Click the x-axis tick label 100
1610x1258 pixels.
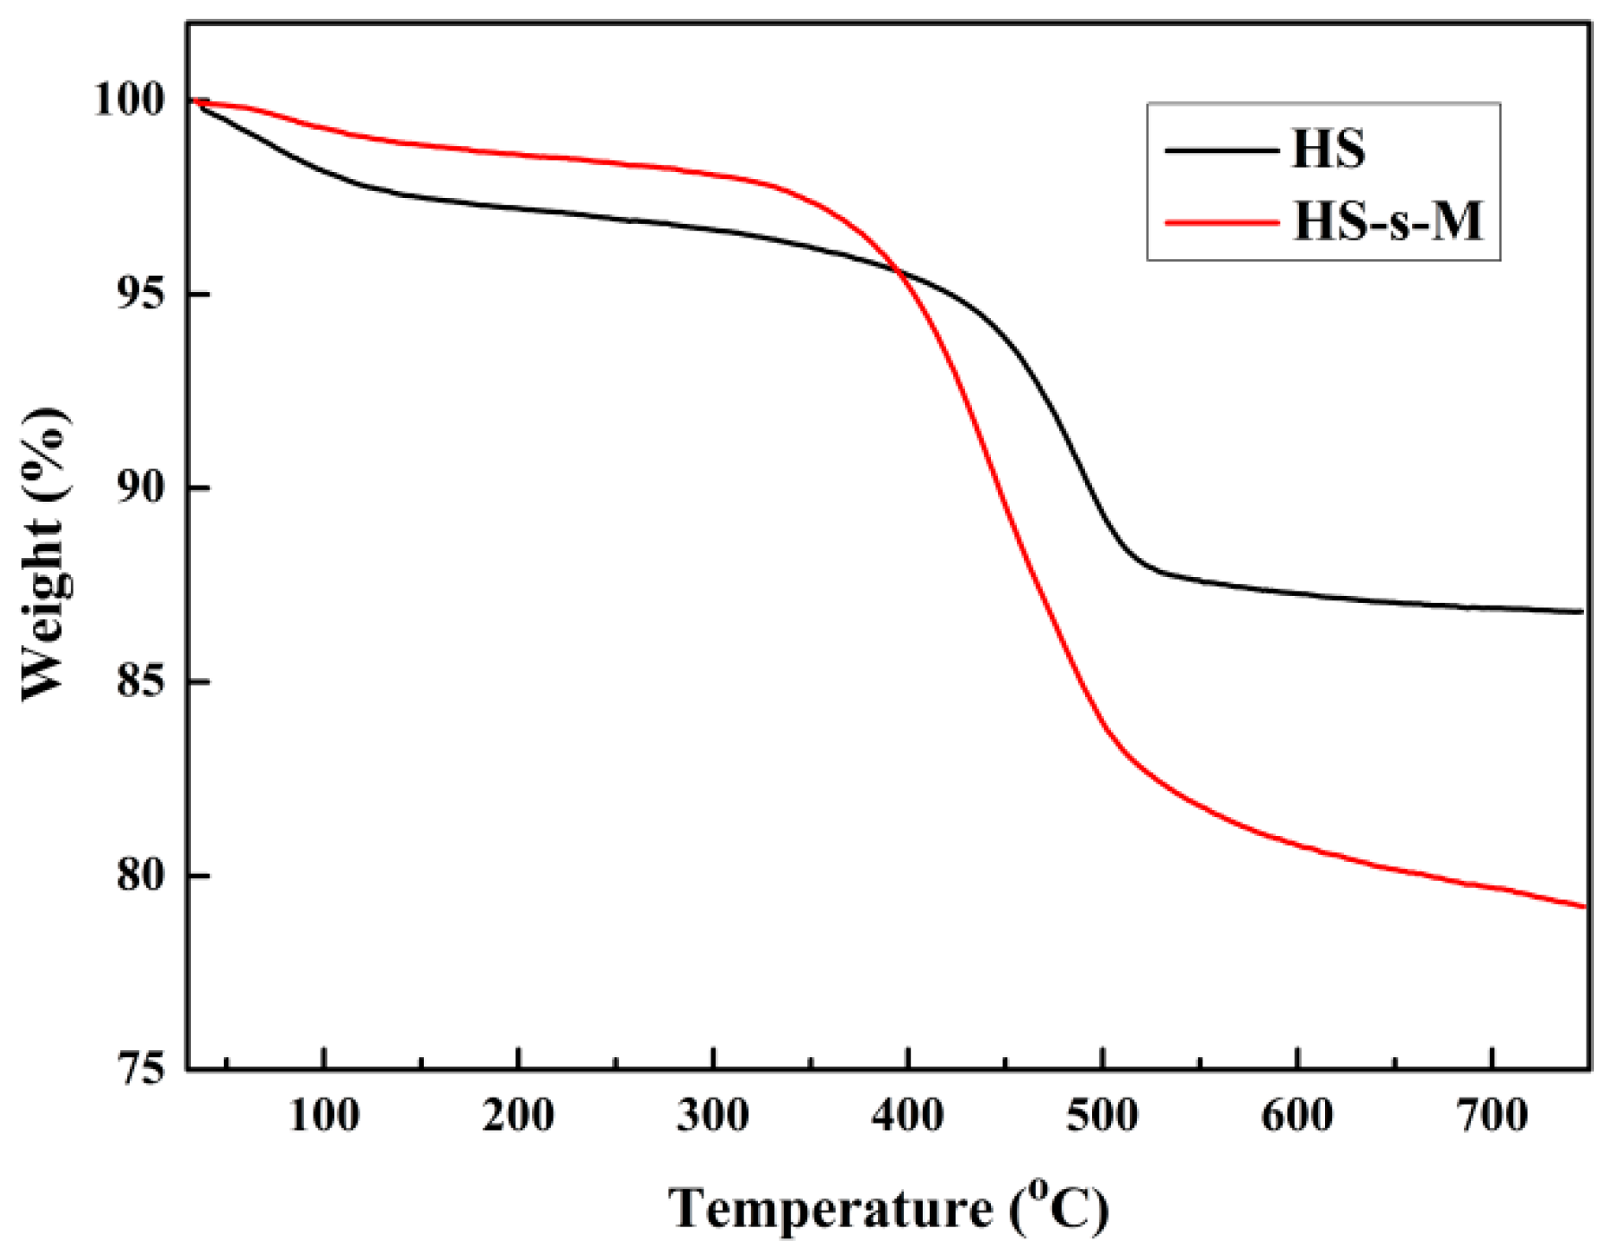click(324, 1116)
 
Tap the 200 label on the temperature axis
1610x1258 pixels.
click(519, 1116)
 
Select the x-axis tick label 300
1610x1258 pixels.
click(713, 1116)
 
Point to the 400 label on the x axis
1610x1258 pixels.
click(908, 1116)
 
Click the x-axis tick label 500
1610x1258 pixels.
click(1103, 1116)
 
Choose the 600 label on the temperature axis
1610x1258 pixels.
click(1297, 1116)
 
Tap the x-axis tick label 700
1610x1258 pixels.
click(1492, 1116)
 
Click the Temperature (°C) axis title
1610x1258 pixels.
click(889, 1209)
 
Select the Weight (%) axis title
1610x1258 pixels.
click(45, 555)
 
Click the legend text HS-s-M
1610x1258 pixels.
click(1389, 220)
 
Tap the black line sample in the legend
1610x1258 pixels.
click(1221, 150)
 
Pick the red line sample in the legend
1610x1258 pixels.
click(1221, 221)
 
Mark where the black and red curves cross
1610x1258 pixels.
click(897, 271)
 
